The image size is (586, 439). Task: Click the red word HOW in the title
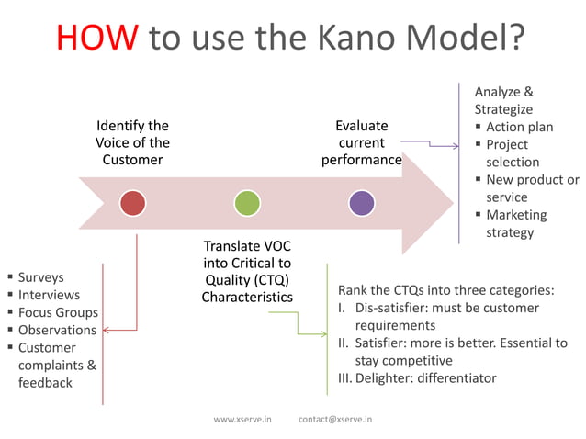coord(97,38)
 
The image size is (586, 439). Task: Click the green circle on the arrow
coord(247,202)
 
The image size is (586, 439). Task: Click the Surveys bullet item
coord(40,277)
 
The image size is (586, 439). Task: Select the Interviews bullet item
coord(49,295)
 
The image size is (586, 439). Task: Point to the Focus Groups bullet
coord(58,312)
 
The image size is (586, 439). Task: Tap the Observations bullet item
coord(57,330)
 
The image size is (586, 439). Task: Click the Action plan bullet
coord(519,127)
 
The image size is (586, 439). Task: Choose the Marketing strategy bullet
coord(515,223)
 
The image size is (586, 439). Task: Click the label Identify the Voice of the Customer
coord(132,142)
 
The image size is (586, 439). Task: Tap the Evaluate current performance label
coord(361,142)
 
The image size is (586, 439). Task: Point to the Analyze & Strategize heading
coord(503,100)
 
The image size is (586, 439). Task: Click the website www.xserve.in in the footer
coord(242,419)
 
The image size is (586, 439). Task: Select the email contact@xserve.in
coord(336,419)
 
